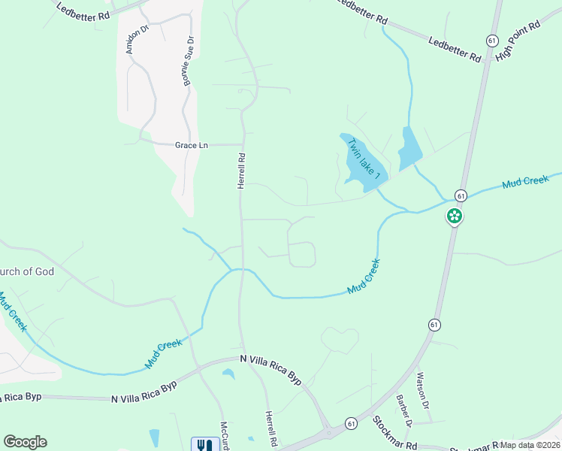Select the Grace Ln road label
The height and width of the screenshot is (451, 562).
pos(191,145)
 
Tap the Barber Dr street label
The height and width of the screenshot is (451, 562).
pos(405,410)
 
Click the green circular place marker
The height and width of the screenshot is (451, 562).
pos(454,217)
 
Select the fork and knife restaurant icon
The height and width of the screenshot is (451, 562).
pos(203,445)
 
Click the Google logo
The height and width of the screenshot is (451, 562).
pos(25,442)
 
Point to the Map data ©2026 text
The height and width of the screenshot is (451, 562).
pos(530,445)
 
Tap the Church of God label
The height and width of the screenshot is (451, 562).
pos(27,271)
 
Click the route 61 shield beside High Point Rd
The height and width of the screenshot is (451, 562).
pos(492,40)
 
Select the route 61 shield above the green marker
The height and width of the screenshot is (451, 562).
pos(461,195)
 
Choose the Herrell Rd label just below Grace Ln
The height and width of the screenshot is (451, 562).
pos(242,171)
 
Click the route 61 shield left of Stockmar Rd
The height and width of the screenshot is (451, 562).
pos(351,424)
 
